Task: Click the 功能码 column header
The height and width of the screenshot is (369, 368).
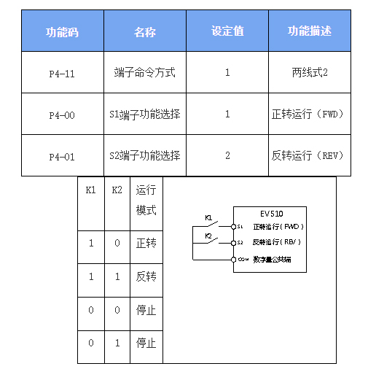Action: coord(62,32)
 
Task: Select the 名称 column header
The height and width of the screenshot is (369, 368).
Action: coord(145,32)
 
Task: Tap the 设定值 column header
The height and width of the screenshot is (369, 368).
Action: coord(227,32)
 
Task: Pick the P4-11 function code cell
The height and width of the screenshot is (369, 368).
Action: coord(62,73)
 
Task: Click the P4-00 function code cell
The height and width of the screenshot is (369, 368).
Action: coord(62,114)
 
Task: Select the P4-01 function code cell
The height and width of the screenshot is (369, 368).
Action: coord(62,156)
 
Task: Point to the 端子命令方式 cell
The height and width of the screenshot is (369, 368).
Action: coord(145,73)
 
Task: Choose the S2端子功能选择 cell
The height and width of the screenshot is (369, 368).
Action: coord(145,156)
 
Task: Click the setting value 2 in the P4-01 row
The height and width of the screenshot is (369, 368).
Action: coord(227,156)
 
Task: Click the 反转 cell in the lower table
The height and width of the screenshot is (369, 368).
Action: coord(146,277)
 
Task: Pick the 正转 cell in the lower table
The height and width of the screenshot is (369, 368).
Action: coord(146,243)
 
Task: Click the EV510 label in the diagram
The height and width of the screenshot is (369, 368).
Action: coord(272,214)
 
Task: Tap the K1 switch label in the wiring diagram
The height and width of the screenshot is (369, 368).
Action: coord(208,217)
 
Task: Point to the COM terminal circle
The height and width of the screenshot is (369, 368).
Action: coord(233,259)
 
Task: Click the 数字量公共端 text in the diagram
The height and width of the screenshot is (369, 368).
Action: coord(273,259)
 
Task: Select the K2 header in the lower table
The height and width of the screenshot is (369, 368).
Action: coord(117,191)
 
